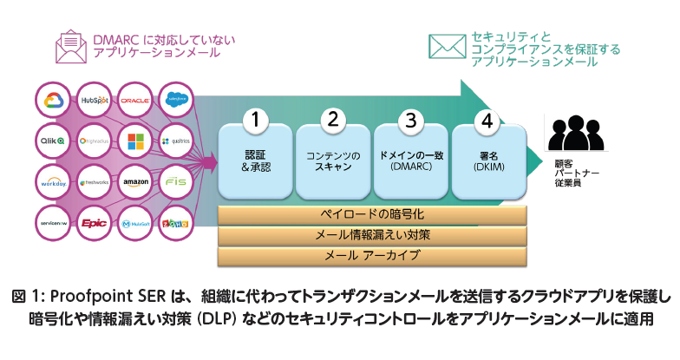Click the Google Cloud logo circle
coord(54,100)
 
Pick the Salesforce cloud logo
coord(178,100)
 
